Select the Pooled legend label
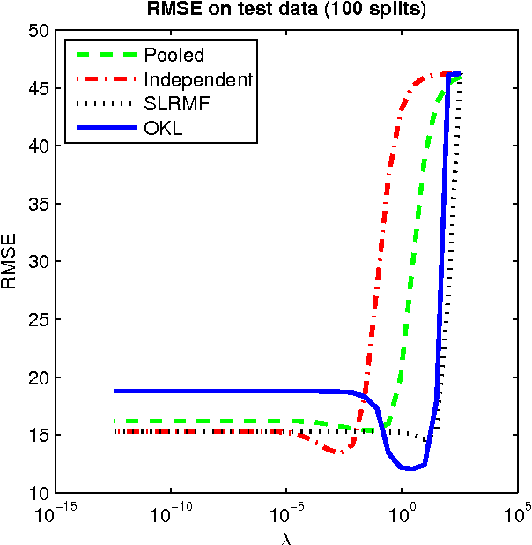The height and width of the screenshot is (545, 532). (174, 56)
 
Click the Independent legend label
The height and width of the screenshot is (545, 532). (198, 79)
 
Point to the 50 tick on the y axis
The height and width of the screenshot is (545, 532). (38, 30)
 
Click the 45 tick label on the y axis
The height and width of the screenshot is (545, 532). (38, 88)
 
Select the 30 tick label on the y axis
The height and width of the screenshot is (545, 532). (38, 261)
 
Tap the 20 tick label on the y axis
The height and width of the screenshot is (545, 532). (38, 377)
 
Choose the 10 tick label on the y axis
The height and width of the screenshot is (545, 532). (38, 492)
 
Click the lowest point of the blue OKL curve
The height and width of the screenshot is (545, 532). (408, 468)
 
